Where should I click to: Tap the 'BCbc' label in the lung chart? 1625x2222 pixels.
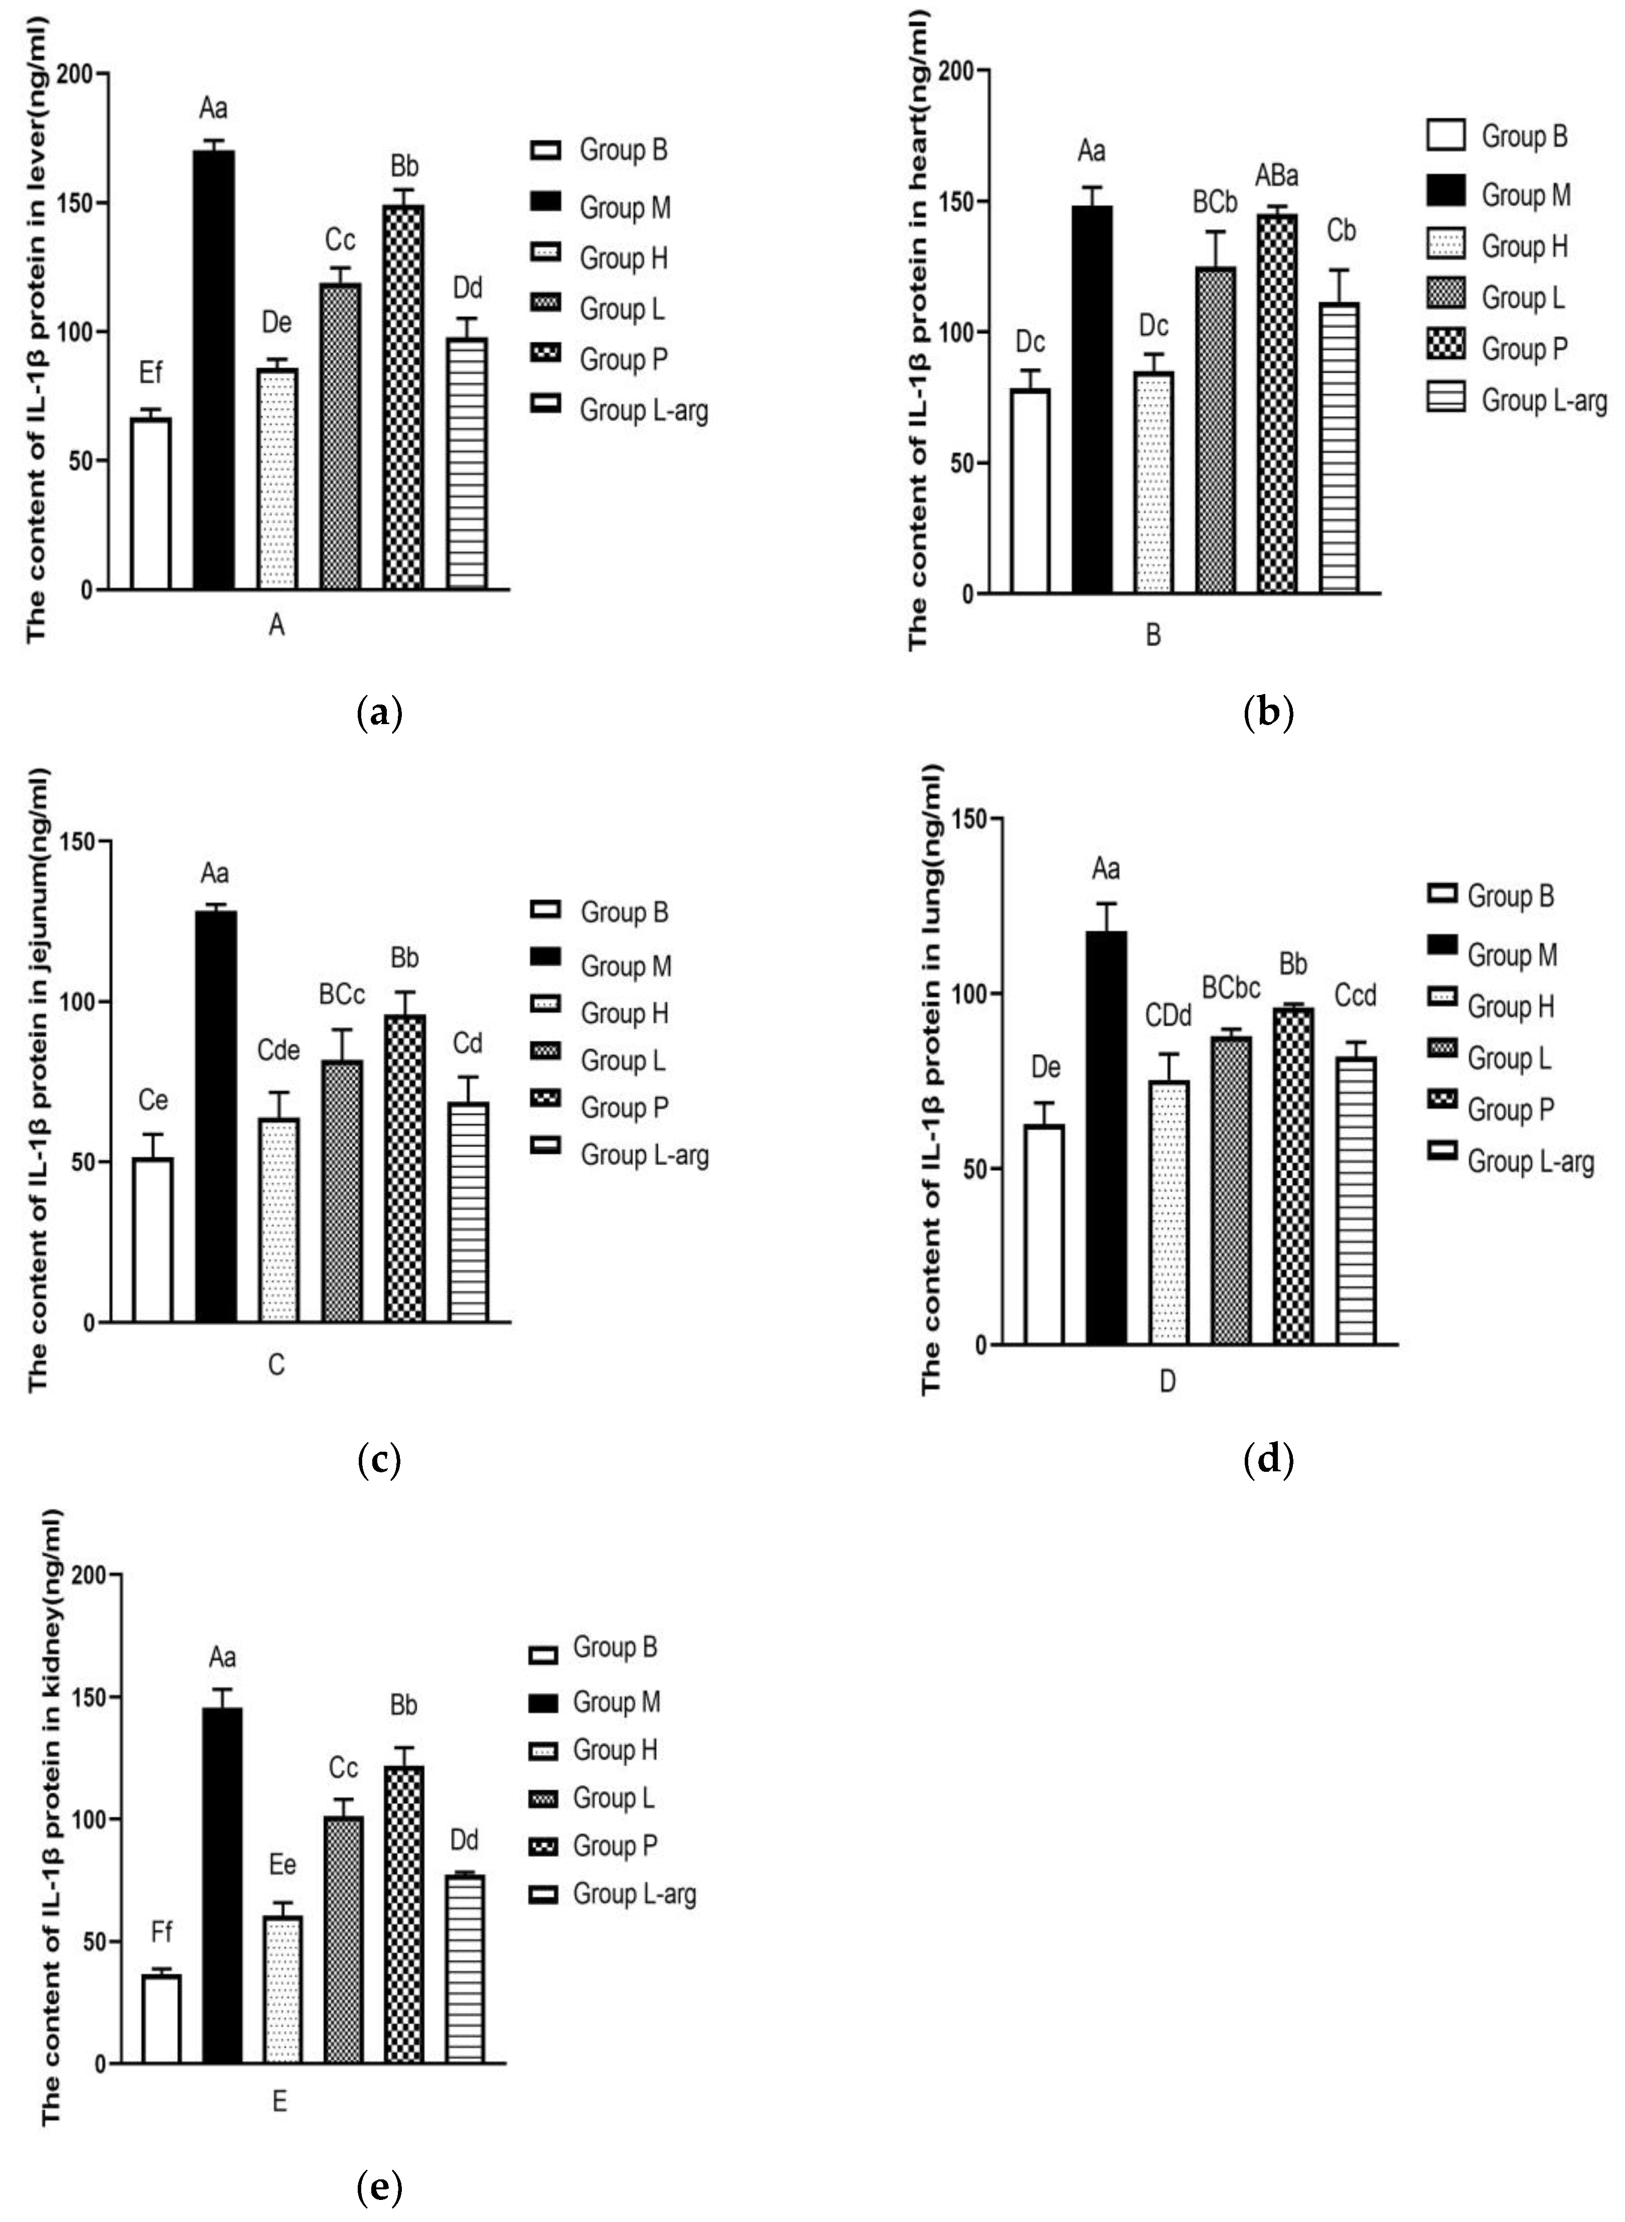1231,988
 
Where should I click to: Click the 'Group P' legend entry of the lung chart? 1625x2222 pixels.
1490,1109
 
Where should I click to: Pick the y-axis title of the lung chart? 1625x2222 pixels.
931,1079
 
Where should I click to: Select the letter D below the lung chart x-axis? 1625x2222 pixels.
1167,1381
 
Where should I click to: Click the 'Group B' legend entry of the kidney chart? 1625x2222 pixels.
593,1647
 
